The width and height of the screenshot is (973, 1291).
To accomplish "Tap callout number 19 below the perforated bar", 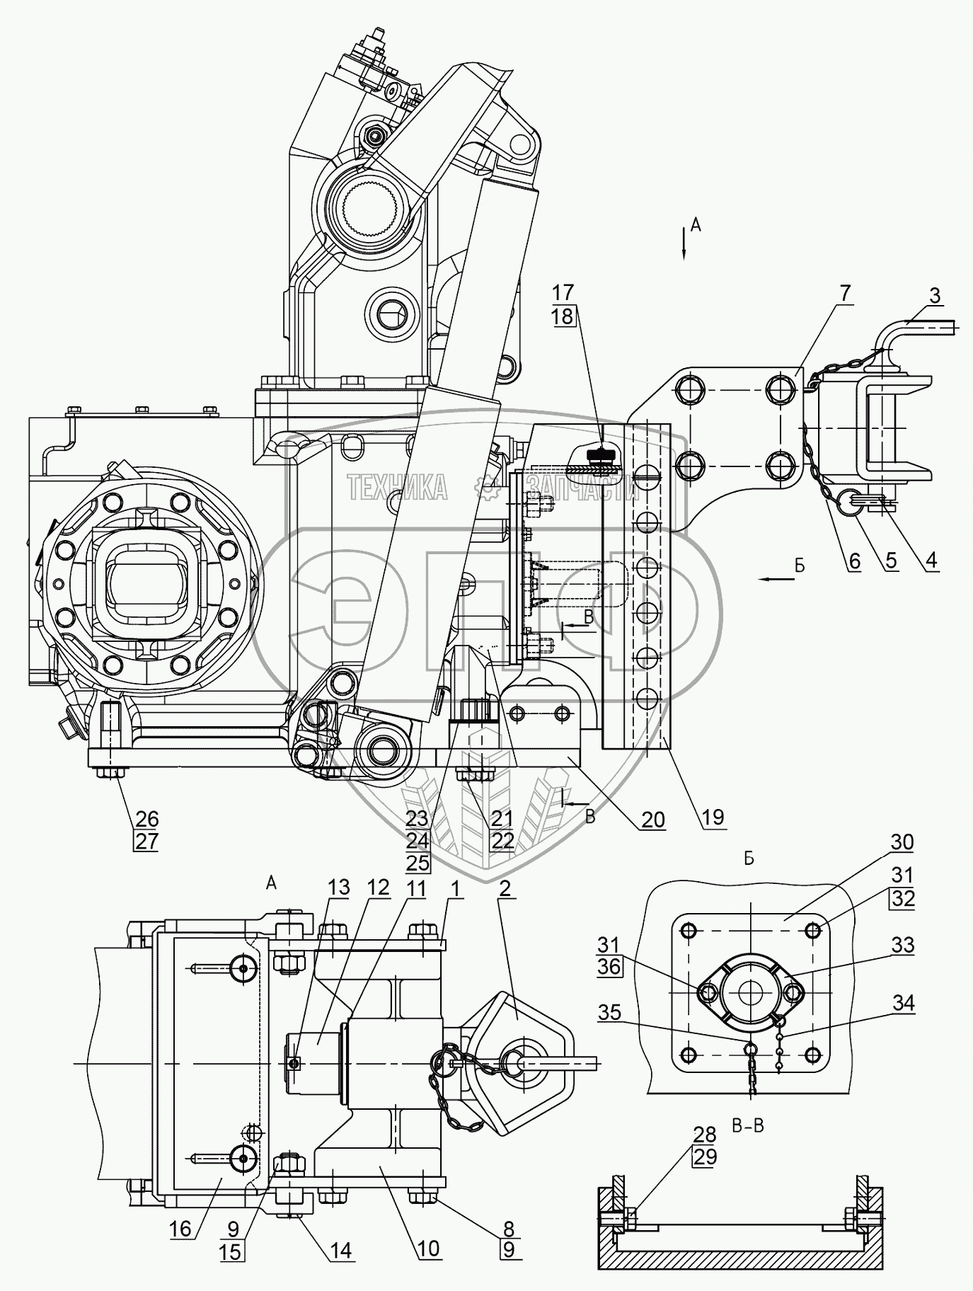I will tap(713, 817).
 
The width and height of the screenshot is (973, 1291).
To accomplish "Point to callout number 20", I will tap(653, 819).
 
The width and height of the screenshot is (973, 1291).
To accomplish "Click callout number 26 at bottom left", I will tap(147, 819).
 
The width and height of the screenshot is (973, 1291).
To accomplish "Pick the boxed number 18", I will tap(563, 316).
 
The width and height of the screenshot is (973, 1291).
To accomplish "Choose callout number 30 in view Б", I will tap(902, 842).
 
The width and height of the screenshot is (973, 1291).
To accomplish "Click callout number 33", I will tap(902, 945).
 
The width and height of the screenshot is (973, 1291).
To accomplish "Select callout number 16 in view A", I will tap(180, 1229).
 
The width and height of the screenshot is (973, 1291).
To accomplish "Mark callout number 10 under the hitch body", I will tap(429, 1248).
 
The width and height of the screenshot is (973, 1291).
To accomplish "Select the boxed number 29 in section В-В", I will tap(705, 1157).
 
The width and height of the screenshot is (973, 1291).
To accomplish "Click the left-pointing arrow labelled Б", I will tap(775, 579).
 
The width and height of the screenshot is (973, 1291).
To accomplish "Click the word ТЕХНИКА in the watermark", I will tap(396, 487).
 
